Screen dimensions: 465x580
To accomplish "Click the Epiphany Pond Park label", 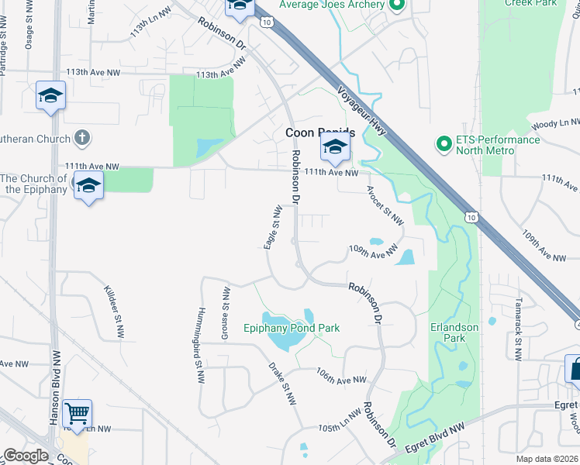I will pos(292,328).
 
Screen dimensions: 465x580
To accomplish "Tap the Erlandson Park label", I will pos(454,332).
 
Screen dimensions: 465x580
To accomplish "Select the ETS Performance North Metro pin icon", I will pos(444,144).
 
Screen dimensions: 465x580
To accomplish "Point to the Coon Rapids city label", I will pos(320,133).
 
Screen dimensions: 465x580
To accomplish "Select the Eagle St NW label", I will pos(271,227).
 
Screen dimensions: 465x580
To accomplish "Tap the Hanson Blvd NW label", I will pos(55,386).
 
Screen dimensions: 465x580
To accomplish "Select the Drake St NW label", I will pos(282,382).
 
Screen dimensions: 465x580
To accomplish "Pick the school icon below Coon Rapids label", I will pos(335,146).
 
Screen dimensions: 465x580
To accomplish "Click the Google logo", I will pos(26,456).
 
